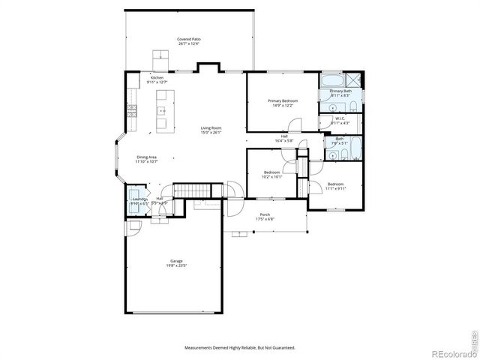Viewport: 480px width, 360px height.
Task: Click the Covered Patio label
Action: point(189,39)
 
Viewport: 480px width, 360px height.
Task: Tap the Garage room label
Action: point(175,261)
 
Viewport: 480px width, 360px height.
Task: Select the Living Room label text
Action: point(210,128)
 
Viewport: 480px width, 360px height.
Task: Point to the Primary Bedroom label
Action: point(283,100)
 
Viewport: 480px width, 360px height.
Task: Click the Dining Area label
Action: point(146,157)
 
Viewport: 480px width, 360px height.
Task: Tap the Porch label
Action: point(265,214)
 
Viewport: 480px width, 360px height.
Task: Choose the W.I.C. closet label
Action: point(340,118)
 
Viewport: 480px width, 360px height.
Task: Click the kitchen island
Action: point(162,112)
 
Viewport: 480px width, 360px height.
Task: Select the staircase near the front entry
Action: point(188,192)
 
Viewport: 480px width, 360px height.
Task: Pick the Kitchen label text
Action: point(157,78)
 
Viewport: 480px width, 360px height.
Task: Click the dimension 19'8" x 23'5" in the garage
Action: point(175,265)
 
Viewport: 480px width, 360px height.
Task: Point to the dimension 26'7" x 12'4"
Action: point(189,44)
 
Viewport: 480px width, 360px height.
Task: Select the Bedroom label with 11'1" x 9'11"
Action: point(335,184)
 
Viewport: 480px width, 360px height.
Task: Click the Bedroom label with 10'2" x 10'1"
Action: point(271,173)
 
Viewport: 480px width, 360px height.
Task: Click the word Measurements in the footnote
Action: point(202,347)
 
